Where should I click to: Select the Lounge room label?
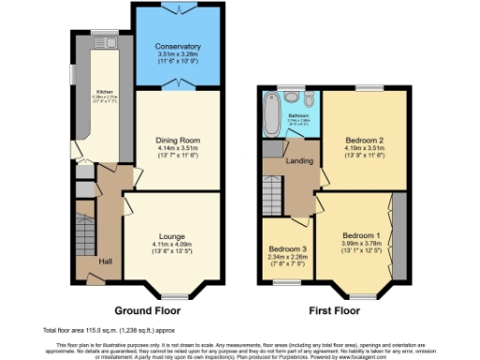[172, 236]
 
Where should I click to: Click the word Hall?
[107, 262]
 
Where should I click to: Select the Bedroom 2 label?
[365, 138]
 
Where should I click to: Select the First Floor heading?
[333, 308]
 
